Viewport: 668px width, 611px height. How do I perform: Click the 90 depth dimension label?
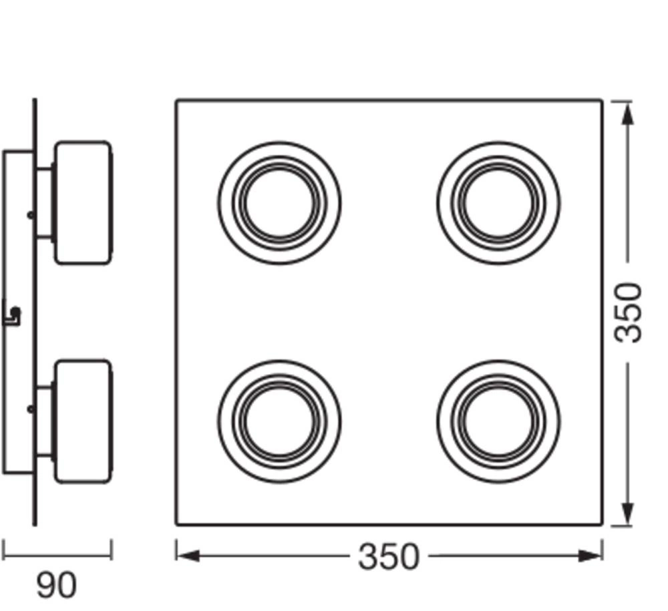click(56, 586)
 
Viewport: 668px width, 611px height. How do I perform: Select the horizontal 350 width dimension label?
click(389, 556)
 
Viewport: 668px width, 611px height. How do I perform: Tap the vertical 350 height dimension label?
click(627, 312)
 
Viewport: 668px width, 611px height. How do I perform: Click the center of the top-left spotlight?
click(279, 203)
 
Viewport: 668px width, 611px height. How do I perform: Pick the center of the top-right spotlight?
click(498, 203)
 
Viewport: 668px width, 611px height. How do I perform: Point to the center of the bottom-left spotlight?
click(279, 421)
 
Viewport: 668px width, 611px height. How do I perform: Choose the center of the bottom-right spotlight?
click(498, 421)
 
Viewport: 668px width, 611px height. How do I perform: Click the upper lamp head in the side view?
click(83, 203)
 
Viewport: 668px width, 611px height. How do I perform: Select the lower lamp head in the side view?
click(83, 421)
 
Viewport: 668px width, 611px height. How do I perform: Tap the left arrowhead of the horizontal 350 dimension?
click(188, 556)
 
